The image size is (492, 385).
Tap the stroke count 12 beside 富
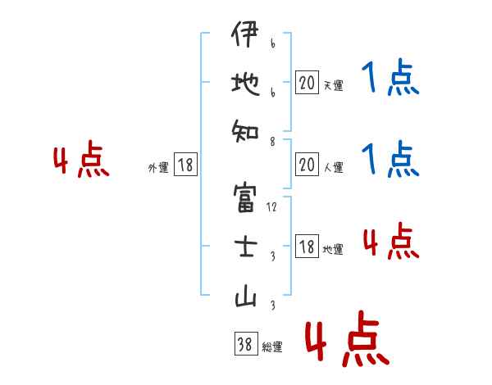[x=271, y=206]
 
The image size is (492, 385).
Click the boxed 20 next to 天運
[x=306, y=83]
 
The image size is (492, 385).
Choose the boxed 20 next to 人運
[x=306, y=165]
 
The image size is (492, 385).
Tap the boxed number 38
[x=244, y=345]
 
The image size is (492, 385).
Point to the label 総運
[x=272, y=347]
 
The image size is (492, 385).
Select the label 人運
[x=333, y=168]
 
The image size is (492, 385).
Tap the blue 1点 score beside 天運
[x=389, y=79]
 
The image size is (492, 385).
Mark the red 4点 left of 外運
[x=81, y=161]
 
